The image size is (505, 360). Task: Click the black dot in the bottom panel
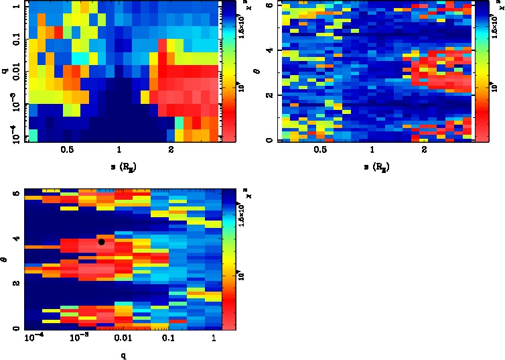pyautogui.click(x=101, y=241)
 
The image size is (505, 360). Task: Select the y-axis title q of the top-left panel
pyautogui.click(x=5, y=67)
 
